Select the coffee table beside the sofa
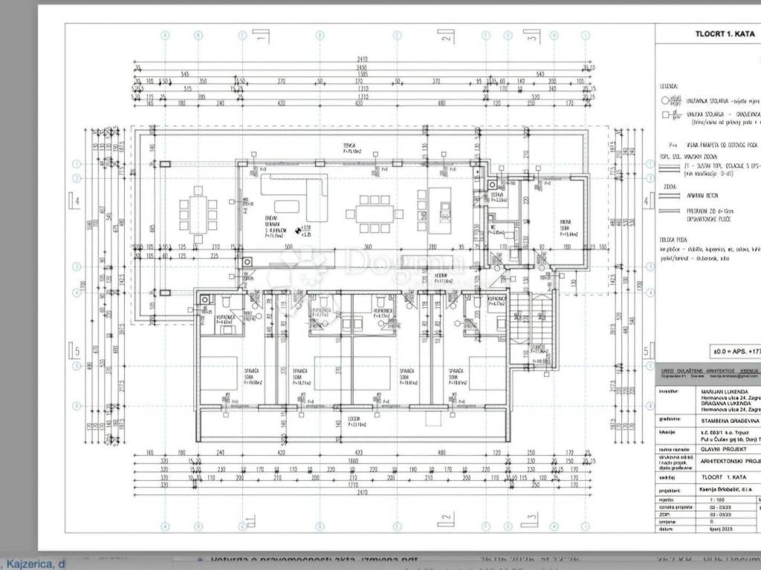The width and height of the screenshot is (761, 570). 287,206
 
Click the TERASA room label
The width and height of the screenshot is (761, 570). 349,147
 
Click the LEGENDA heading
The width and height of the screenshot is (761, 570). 668,86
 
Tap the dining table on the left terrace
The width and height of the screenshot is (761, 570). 198,214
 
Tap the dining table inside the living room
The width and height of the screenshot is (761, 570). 374,214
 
